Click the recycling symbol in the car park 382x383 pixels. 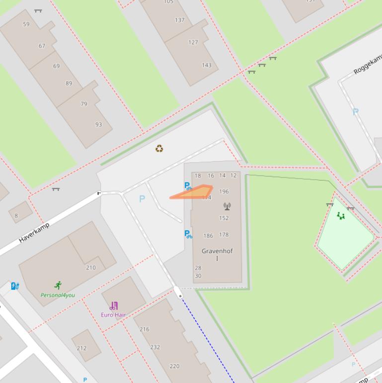(159, 148)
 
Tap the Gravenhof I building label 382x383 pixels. (217, 254)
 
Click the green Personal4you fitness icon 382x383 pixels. (58, 286)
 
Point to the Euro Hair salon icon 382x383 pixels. (114, 305)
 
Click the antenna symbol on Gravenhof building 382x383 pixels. (227, 206)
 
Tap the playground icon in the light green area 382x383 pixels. (341, 215)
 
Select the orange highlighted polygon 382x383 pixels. (196, 192)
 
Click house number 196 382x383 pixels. (224, 191)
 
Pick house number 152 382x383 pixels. (224, 218)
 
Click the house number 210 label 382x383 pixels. (91, 268)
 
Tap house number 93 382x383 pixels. (98, 124)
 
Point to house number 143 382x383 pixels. (207, 65)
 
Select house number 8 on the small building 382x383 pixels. (16, 216)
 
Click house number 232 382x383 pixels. (155, 347)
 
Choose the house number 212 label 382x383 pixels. (81, 348)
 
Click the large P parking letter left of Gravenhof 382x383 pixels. (142, 199)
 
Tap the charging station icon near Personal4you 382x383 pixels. (15, 286)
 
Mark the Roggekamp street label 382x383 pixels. (368, 65)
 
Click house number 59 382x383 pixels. (26, 24)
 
